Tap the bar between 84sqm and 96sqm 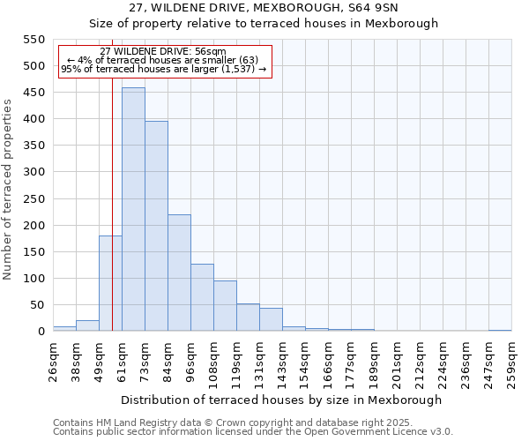[179, 273]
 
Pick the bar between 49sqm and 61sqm [110, 283]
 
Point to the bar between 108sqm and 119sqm [225, 306]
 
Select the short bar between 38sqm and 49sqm [87, 325]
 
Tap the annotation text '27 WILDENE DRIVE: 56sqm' [163, 52]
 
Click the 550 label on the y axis [34, 40]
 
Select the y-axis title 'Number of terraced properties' [8, 190]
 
